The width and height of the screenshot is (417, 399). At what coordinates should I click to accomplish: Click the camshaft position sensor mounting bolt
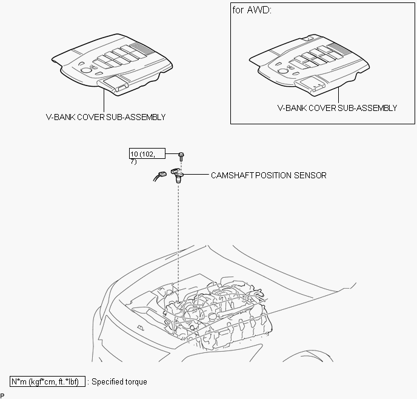[x=181, y=156]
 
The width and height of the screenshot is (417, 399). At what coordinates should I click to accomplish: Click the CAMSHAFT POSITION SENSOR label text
[x=269, y=176]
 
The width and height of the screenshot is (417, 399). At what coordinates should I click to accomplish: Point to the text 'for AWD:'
[x=252, y=10]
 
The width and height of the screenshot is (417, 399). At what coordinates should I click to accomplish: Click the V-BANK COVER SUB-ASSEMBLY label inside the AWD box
[x=337, y=108]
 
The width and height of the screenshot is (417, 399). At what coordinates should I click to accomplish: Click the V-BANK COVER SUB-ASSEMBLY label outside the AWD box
[x=106, y=117]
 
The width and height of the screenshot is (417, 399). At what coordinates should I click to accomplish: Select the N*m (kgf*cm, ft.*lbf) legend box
[x=48, y=381]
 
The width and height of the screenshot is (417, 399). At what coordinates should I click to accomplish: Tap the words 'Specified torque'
[x=119, y=381]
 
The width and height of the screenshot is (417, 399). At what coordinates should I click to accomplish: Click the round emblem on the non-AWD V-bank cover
[x=85, y=70]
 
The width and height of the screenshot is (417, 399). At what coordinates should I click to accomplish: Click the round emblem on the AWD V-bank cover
[x=282, y=71]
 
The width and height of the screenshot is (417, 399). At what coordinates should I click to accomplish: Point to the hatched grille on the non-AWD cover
[x=141, y=47]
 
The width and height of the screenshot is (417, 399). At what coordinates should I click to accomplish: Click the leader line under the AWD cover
[x=339, y=95]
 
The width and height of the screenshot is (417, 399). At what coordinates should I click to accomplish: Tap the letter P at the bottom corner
[x=2, y=395]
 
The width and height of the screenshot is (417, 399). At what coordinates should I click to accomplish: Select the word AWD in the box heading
[x=259, y=10]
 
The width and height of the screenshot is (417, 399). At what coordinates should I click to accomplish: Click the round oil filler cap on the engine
[x=213, y=317]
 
